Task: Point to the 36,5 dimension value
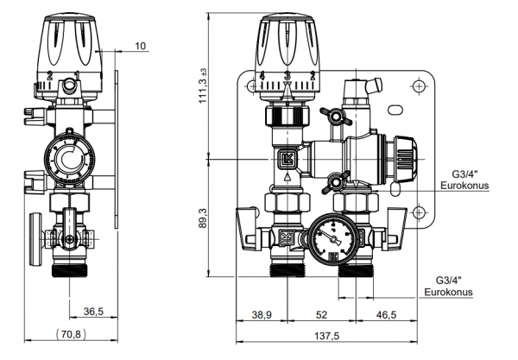coord(92,310)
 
